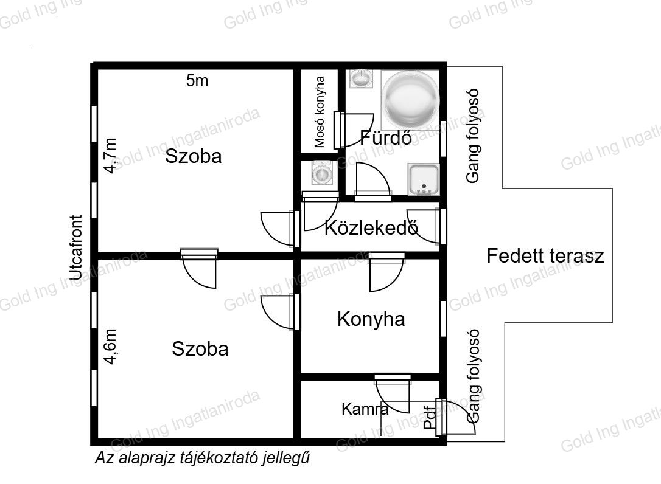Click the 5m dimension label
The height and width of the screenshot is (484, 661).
pos(197,80)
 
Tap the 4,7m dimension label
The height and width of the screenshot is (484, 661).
pos(110,156)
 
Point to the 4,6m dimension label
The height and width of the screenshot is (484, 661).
pos(110,346)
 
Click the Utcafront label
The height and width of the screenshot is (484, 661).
pos(76,247)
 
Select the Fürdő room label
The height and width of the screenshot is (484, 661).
pos(386,138)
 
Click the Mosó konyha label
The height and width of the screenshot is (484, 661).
pos(320,112)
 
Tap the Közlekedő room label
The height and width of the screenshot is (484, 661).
pos(371,228)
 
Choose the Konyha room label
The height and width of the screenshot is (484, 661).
pos(371,319)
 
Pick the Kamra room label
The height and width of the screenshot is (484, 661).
pos(365,409)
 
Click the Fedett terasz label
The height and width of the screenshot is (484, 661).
pos(545,256)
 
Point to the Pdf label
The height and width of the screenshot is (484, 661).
pos(430,418)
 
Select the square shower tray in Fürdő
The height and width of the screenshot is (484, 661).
pos(424,180)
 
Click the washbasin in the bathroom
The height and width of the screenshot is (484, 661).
pos(360,78)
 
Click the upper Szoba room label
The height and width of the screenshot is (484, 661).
pos(194,156)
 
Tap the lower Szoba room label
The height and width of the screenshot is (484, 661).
pos(200,349)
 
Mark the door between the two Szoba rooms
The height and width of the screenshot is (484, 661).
pos(199,268)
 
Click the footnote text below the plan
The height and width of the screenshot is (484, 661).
pos(203,458)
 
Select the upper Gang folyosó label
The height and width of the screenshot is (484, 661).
pos(473,136)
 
